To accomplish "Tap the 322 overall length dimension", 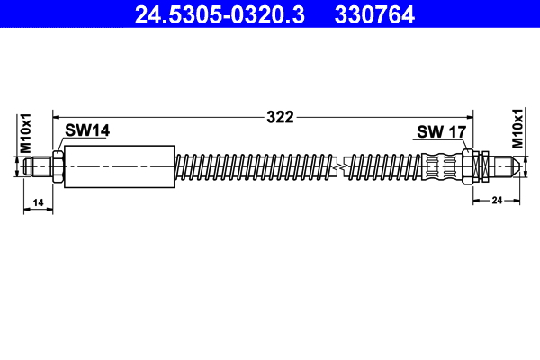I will click(x=282, y=116).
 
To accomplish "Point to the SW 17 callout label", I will click(x=441, y=132).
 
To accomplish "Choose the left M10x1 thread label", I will click(x=26, y=133).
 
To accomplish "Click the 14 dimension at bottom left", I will click(x=38, y=204).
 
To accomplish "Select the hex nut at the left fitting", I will click(x=57, y=166).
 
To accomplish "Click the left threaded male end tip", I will click(x=36, y=166).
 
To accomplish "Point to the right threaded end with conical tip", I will click(x=504, y=166).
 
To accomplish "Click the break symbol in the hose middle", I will click(x=340, y=166).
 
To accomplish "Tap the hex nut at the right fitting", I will click(x=468, y=166).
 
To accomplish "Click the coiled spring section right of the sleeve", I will click(x=252, y=166).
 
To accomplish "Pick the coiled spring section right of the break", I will click(x=382, y=166).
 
